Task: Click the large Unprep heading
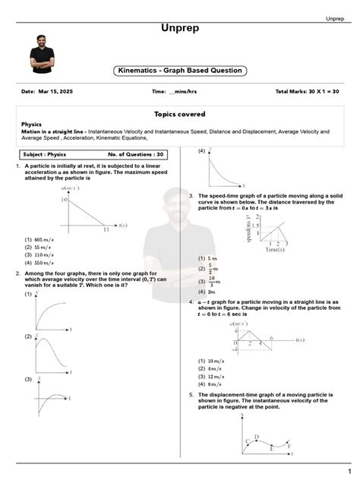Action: tap(180, 28)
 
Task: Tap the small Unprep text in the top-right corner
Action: tap(338, 18)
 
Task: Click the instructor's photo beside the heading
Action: tap(41, 53)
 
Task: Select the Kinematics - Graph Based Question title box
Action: tap(180, 71)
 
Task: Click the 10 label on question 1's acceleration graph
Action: tap(65, 200)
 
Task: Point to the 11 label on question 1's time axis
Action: tap(106, 229)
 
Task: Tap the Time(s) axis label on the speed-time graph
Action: tap(276, 249)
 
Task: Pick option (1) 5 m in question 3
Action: tap(210, 258)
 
